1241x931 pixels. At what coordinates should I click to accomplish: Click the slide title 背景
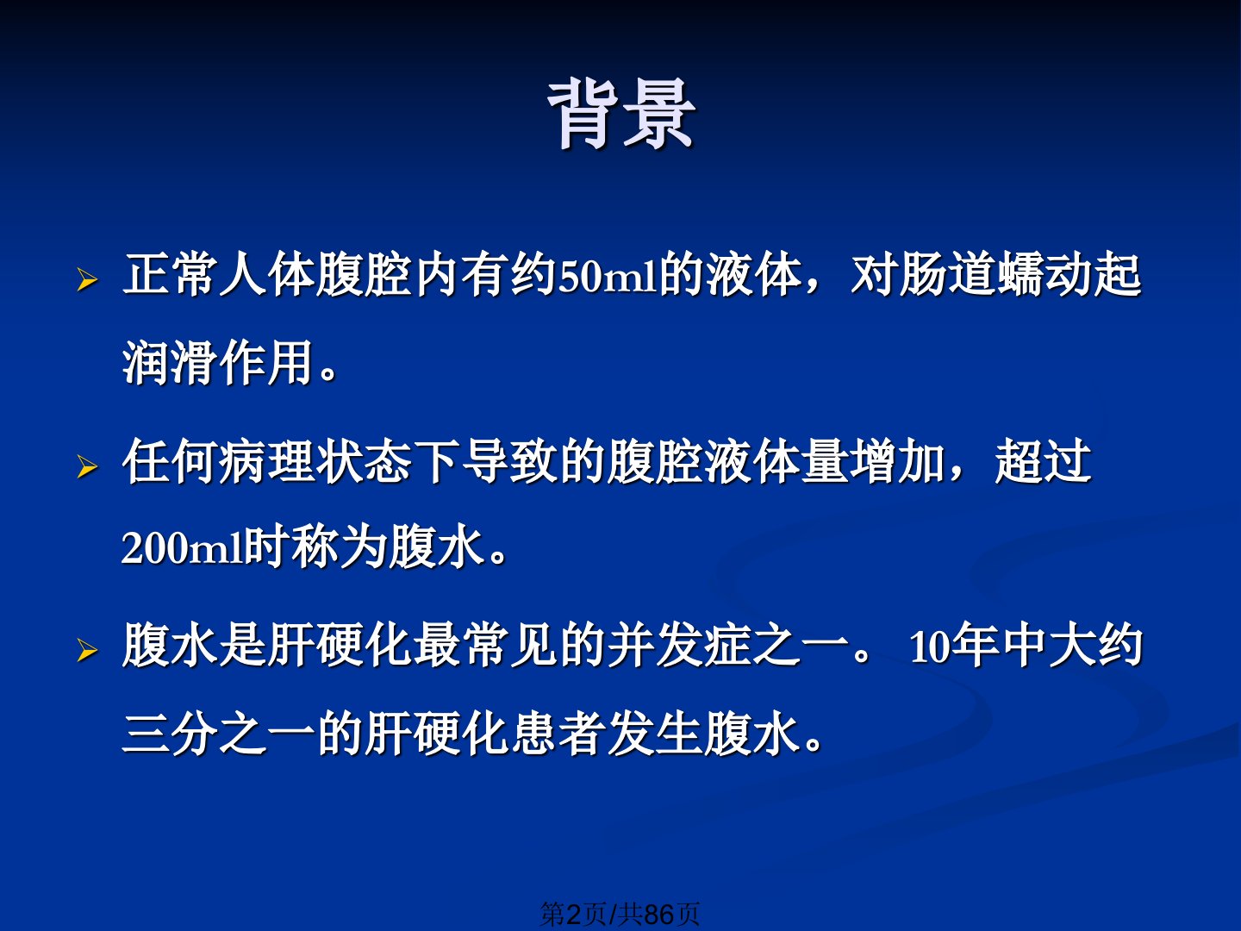(621, 115)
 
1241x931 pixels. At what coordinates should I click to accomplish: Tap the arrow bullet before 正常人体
(87, 280)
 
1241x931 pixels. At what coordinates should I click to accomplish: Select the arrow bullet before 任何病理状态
(87, 467)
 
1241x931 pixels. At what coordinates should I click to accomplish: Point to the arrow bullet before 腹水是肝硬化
(87, 651)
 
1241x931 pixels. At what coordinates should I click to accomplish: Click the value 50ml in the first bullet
(608, 277)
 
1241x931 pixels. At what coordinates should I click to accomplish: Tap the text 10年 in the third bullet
(954, 647)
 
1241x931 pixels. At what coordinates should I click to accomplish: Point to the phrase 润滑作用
(219, 362)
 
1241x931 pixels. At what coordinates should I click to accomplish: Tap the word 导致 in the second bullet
(512, 461)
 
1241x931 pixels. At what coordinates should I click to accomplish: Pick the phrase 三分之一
(220, 734)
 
